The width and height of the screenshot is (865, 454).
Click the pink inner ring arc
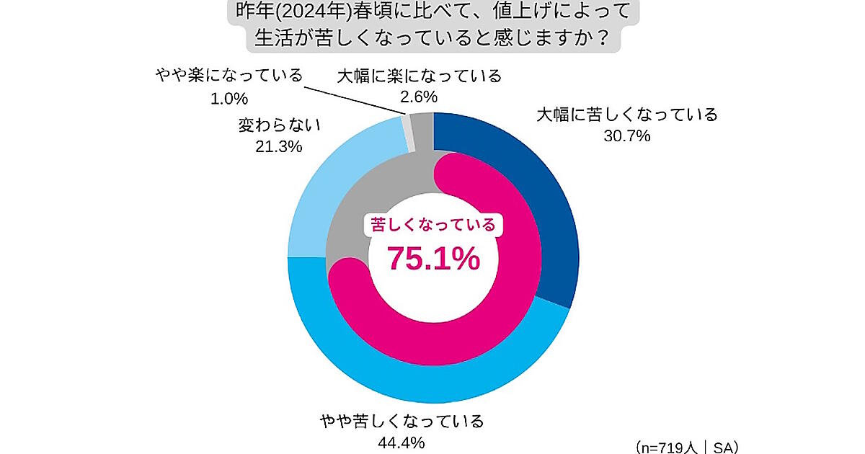point(505,288)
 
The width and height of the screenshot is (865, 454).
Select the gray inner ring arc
point(360,216)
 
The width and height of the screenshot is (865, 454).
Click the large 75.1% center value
point(433,258)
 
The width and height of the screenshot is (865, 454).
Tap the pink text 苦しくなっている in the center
point(433,226)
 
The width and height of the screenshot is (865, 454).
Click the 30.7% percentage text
point(628,135)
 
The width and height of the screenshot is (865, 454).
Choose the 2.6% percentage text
point(419,97)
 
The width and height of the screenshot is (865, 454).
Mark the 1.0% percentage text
point(229,97)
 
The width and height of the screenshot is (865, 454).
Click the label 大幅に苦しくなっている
point(627,115)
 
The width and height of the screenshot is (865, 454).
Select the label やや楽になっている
point(229,76)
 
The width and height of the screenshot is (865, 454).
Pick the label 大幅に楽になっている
point(419,76)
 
